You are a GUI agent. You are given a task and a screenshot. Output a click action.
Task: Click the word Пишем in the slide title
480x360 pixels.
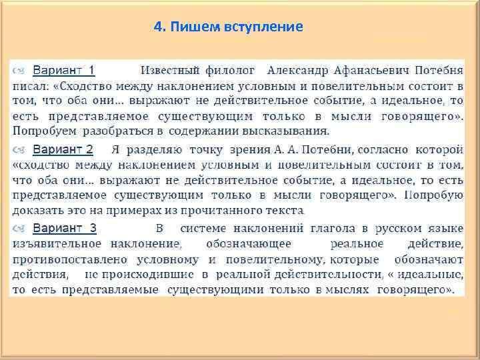coord(189,27)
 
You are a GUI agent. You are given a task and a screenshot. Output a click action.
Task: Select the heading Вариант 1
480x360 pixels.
coord(63,70)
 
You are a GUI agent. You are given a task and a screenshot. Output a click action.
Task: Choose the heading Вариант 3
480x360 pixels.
coord(64,229)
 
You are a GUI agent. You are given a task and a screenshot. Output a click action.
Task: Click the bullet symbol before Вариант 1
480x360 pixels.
coord(22,71)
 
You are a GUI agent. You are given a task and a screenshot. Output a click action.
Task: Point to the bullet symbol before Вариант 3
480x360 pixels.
coord(22,229)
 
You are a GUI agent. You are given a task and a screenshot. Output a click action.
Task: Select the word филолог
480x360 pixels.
coord(231,70)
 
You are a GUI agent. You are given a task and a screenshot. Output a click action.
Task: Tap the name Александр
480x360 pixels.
coord(297,70)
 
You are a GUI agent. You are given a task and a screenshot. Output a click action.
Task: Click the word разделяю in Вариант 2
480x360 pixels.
coord(152,149)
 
